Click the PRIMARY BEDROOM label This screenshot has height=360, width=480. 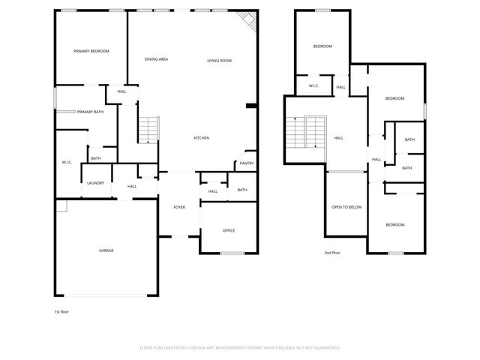(91, 51)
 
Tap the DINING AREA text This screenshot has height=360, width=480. (156, 59)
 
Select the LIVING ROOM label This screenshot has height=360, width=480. (219, 60)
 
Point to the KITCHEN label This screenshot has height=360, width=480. (201, 138)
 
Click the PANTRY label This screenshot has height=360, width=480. (247, 163)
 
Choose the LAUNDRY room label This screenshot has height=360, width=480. (94, 183)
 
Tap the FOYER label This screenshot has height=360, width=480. (179, 207)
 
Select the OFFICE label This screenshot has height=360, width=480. (229, 230)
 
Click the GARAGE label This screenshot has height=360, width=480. (106, 250)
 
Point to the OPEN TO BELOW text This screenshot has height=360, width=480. (346, 207)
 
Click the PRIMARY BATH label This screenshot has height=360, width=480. (90, 112)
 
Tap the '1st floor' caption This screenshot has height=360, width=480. (61, 310)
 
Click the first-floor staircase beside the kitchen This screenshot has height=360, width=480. (148, 130)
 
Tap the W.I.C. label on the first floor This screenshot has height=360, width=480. (66, 163)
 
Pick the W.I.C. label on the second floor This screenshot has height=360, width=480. (314, 87)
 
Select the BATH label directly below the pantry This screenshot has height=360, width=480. (242, 190)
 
